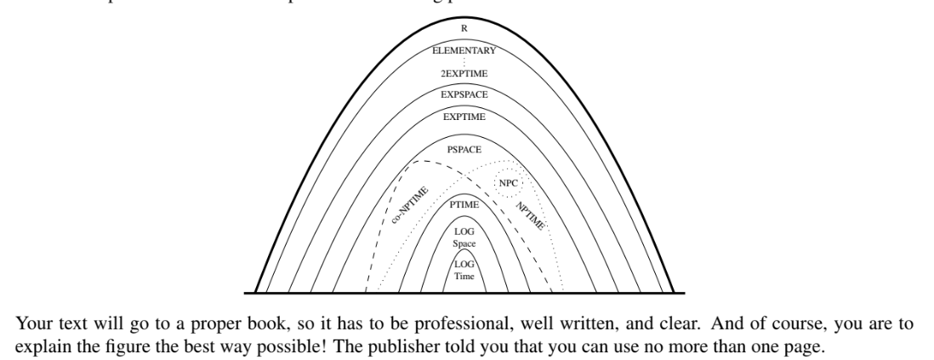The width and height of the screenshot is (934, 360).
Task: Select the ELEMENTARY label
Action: [x=464, y=51]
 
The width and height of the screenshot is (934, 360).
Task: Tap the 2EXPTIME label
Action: [x=464, y=74]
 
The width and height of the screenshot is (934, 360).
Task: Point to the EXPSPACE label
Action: [x=464, y=94]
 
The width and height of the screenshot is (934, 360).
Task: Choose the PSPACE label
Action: [x=464, y=149]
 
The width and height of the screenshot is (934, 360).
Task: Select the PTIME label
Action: [x=464, y=205]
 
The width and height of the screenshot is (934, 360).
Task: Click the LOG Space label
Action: [x=464, y=237]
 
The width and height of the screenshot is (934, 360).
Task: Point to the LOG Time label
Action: [x=464, y=271]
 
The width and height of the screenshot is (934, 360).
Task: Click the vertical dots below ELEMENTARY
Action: [x=464, y=63]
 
